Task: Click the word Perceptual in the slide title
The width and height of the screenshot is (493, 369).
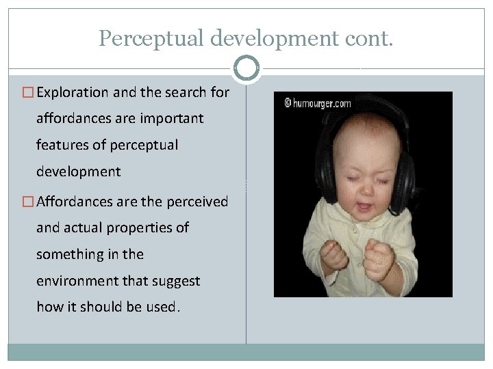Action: [151, 38]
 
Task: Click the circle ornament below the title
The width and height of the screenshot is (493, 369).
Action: [246, 68]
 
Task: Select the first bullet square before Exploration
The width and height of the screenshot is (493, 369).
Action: [28, 92]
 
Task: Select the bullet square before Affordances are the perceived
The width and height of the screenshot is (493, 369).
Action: [28, 202]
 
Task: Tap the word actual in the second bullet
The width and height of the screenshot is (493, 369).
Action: [84, 228]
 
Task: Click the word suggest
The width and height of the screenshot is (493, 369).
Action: [177, 281]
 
